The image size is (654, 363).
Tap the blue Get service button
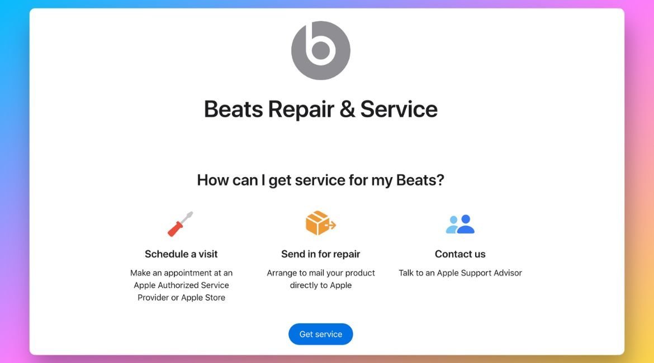tap(320, 335)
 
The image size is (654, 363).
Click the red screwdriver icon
tap(180, 224)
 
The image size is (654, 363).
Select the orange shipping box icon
tap(320, 223)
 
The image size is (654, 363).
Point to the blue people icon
tap(460, 224)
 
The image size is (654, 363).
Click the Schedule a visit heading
tap(181, 254)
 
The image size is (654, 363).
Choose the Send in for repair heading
tap(320, 254)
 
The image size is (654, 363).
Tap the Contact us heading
tap(460, 254)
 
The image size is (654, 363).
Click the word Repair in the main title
tap(301, 109)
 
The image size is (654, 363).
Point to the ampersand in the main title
tap(347, 109)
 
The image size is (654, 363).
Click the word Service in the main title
tap(399, 109)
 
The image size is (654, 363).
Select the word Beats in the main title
tap(233, 109)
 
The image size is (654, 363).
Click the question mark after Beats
tap(439, 180)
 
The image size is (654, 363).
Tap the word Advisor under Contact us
tap(508, 273)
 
